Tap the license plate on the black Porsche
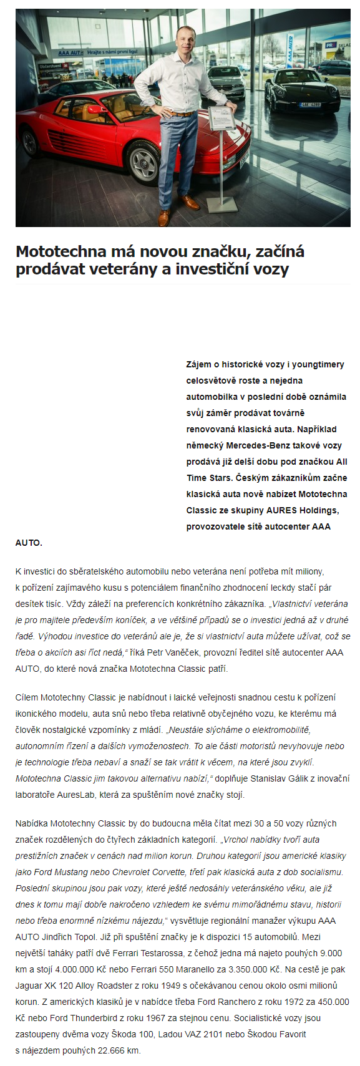(x=309, y=105)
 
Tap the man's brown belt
(x=182, y=114)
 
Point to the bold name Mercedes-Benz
(x=258, y=445)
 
